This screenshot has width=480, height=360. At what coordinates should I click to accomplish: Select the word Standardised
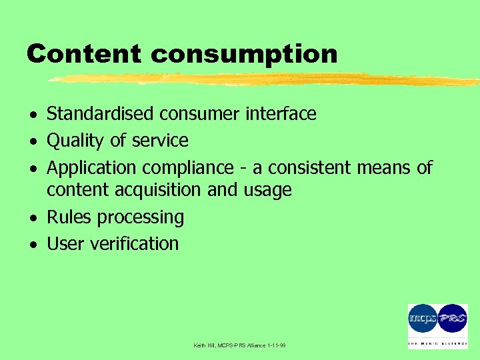pyautogui.click(x=101, y=114)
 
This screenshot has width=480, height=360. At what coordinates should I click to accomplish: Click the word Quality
pyautogui.click(x=75, y=141)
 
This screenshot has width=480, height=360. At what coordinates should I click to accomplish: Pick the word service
pyautogui.click(x=159, y=141)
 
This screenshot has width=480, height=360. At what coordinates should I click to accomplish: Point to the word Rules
pyautogui.click(x=69, y=217)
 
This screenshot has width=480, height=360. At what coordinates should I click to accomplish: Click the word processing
pyautogui.click(x=141, y=218)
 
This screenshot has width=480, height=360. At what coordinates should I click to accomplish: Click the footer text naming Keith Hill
pyautogui.click(x=239, y=345)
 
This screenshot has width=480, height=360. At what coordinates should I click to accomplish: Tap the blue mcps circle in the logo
pyautogui.click(x=423, y=319)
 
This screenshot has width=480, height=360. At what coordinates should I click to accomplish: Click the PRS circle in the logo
pyautogui.click(x=453, y=319)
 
